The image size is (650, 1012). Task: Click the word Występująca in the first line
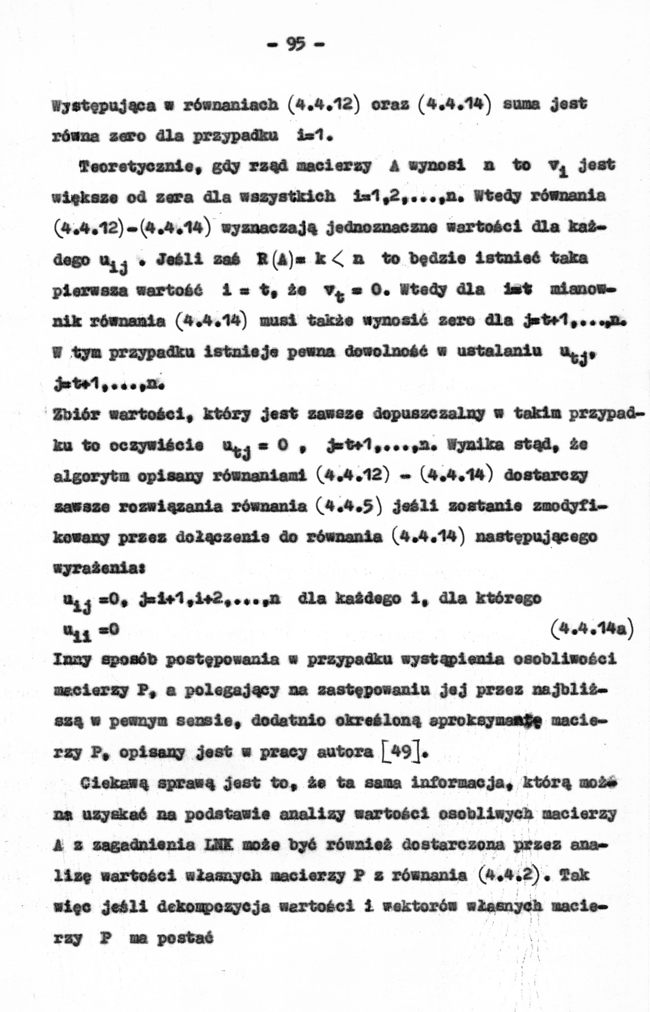(x=104, y=104)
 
